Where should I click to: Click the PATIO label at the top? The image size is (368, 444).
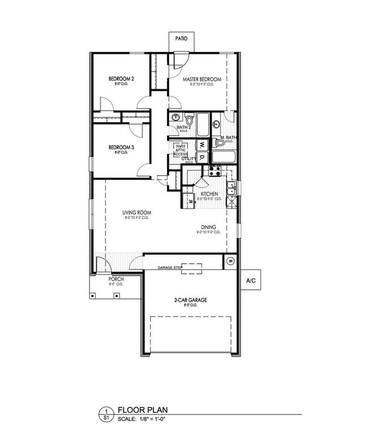coord(181,40)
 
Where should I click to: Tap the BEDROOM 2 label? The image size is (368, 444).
coord(121,78)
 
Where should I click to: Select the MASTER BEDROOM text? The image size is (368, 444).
coord(201,79)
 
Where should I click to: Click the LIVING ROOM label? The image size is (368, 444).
coord(136,213)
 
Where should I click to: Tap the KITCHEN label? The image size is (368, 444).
coord(209,194)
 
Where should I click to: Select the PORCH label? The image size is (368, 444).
coord(116,279)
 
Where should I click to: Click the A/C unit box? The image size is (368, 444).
coord(250,281)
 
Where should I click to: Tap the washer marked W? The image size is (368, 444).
coord(201,144)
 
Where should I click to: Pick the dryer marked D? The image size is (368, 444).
coord(201,156)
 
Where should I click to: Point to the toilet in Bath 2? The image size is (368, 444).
coord(189,120)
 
